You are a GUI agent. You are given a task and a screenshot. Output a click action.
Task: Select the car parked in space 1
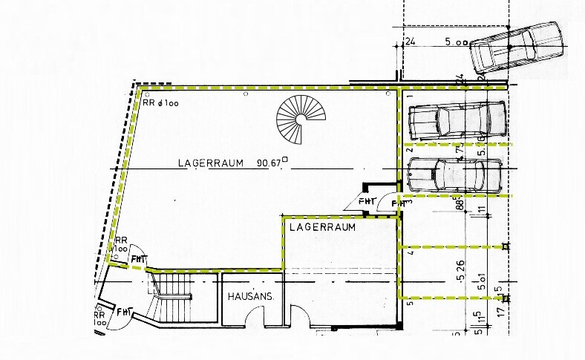click(x=457, y=120)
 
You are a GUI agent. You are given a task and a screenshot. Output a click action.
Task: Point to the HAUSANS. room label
click(x=252, y=296)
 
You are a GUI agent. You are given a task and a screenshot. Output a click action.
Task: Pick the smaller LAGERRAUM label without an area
click(x=321, y=226)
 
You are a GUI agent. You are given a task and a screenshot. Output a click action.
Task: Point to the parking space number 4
click(x=409, y=254)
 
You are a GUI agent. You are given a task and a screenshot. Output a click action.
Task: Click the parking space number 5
click(x=409, y=301)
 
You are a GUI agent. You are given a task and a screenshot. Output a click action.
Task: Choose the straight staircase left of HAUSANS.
click(x=173, y=298)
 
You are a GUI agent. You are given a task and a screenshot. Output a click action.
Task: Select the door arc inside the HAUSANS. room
click(x=257, y=315)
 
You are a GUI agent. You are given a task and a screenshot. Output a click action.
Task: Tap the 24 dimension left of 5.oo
click(x=409, y=43)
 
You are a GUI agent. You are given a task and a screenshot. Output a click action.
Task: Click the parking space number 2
click(x=409, y=151)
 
